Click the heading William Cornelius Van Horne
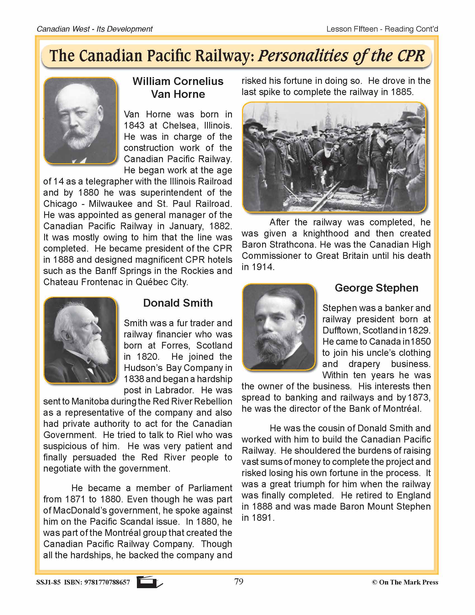[178, 87]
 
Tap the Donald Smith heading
[178, 303]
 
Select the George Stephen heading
[377, 288]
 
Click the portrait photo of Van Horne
[80, 120]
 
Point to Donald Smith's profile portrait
[80, 340]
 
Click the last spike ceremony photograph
[334, 157]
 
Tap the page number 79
[239, 581]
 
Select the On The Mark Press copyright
[405, 582]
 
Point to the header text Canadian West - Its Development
[94, 29]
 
